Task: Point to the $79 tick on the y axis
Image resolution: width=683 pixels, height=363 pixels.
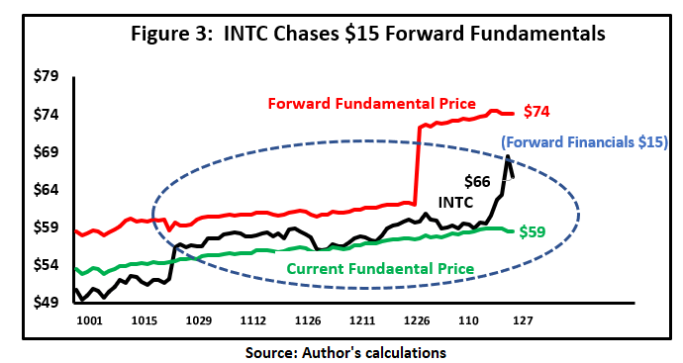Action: [49, 76]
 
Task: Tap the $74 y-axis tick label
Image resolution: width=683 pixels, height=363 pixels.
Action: [49, 114]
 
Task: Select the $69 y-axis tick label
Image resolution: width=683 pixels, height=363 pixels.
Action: [49, 151]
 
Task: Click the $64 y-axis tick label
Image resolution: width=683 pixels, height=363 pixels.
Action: [49, 189]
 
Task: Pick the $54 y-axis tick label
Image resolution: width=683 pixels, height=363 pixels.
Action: [49, 265]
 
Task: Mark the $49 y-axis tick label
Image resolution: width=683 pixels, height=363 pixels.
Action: [49, 303]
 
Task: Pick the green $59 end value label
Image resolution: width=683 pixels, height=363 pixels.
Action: [538, 231]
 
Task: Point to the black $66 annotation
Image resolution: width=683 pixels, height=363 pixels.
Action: [478, 181]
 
